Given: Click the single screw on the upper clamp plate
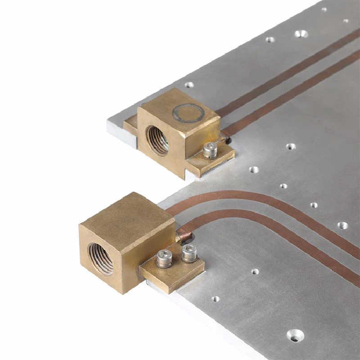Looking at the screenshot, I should (208, 150).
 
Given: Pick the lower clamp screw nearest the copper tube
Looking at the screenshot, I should (189, 254).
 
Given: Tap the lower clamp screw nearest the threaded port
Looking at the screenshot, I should (165, 258).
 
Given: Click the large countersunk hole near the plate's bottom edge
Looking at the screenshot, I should (295, 335).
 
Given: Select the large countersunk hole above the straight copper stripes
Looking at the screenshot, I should (301, 33).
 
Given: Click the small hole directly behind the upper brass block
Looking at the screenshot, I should (189, 84).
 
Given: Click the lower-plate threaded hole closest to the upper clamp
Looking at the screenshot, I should (254, 170).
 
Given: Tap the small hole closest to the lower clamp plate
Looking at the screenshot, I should (216, 298).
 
